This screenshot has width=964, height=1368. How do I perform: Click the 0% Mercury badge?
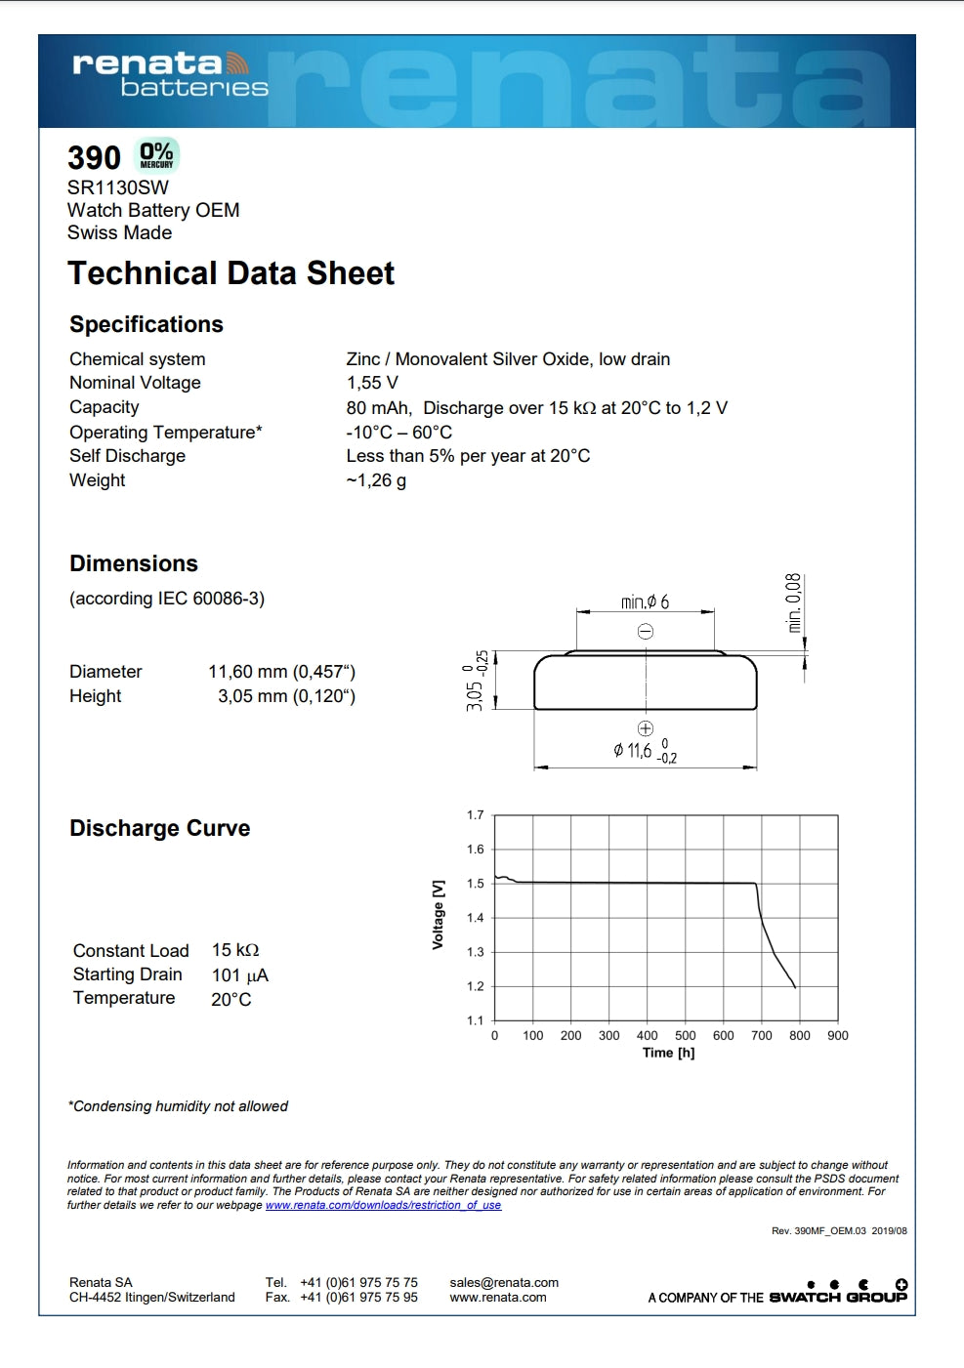pos(156,155)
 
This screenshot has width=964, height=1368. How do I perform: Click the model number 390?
pos(94,158)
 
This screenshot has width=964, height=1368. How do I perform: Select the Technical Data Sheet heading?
pos(231,273)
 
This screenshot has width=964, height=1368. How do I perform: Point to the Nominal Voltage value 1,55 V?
pos(372,383)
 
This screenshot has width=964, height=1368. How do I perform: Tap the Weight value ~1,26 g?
pos(376,480)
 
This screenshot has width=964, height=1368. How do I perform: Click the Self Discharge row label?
pos(127,456)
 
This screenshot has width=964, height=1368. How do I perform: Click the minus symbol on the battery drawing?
pos(646,632)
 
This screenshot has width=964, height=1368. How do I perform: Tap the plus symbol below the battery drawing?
pos(645,728)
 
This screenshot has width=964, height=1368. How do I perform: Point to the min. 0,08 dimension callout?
pos(794,602)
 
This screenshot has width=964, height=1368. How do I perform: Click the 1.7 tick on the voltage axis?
pos(476,815)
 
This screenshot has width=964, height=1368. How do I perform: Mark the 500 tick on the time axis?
pos(686,1036)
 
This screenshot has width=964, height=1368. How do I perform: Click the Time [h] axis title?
pos(668,1053)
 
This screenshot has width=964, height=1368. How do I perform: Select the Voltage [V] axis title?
pos(439,914)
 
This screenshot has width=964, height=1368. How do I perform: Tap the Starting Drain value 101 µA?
pos(239,975)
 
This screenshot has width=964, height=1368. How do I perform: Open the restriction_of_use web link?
pos(383,1205)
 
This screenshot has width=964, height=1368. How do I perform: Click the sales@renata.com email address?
pos(504,1283)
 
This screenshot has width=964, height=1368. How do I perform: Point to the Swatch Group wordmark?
pos(837,1297)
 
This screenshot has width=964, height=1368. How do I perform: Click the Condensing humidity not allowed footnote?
pos(178,1106)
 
